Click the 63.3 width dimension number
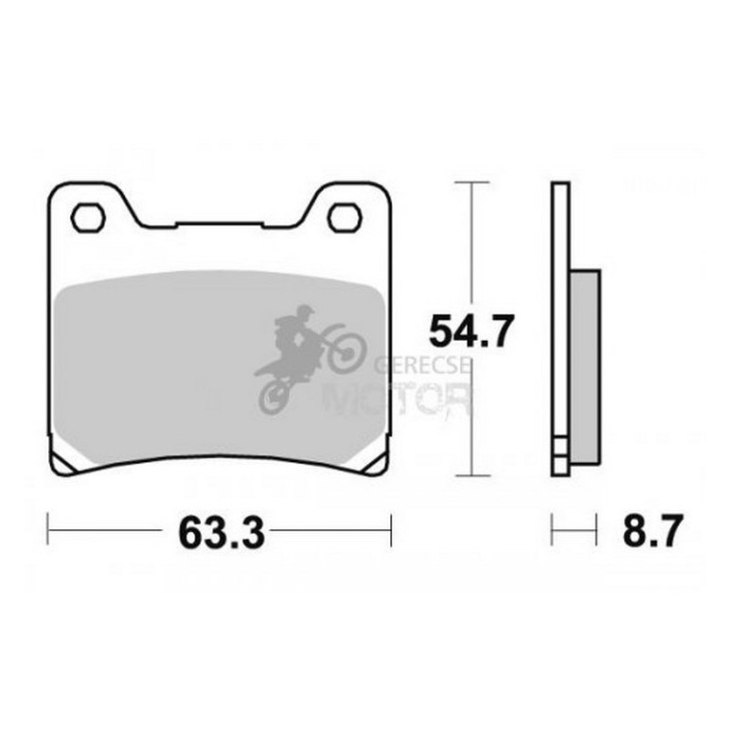pyautogui.click(x=222, y=533)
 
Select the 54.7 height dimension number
pyautogui.click(x=471, y=331)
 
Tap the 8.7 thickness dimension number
pyautogui.click(x=652, y=530)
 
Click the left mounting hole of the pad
pyautogui.click(x=88, y=218)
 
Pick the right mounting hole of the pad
pyautogui.click(x=345, y=218)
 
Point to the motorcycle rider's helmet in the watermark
pyautogui.click(x=305, y=311)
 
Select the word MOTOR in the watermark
pyautogui.click(x=398, y=399)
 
